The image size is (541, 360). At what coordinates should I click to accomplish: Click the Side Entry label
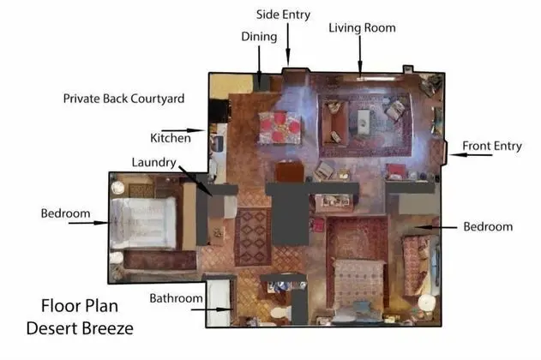pyautogui.click(x=283, y=15)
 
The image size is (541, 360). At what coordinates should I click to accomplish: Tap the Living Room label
pyautogui.click(x=362, y=27)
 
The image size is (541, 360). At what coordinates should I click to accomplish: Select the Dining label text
pyautogui.click(x=259, y=36)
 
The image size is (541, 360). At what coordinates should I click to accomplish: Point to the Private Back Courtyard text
pyautogui.click(x=123, y=99)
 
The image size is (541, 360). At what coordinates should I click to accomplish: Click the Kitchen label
pyautogui.click(x=171, y=138)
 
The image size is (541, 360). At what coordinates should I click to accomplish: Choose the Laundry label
pyautogui.click(x=153, y=162)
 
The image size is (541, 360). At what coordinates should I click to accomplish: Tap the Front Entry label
pyautogui.click(x=492, y=146)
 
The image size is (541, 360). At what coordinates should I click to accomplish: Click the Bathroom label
pyautogui.click(x=176, y=298)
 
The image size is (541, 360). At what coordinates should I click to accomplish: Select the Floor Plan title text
pyautogui.click(x=80, y=306)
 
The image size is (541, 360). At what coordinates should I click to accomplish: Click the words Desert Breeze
pyautogui.click(x=80, y=328)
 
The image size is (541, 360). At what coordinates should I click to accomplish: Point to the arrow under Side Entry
pyautogui.click(x=288, y=44)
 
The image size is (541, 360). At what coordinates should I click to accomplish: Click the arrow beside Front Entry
pyautogui.click(x=471, y=155)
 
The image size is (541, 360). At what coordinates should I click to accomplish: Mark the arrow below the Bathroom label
pyautogui.click(x=211, y=309)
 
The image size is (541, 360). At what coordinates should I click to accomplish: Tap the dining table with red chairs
pyautogui.click(x=280, y=128)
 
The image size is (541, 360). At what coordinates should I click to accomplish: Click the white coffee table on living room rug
pyautogui.click(x=363, y=122)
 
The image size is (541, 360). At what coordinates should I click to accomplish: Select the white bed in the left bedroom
pyautogui.click(x=143, y=223)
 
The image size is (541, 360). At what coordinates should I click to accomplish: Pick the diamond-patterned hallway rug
pyautogui.click(x=253, y=237)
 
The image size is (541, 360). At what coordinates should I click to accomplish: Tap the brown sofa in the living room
pyautogui.click(x=334, y=122)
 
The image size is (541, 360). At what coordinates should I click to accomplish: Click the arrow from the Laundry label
pyautogui.click(x=195, y=181)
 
